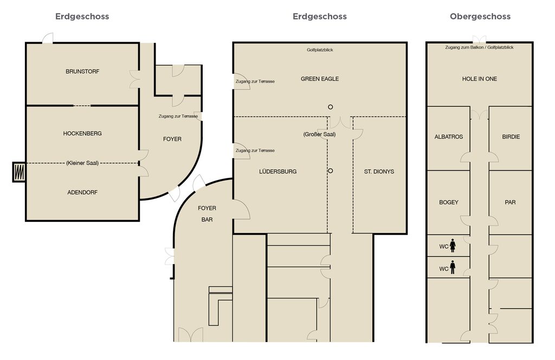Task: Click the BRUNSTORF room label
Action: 82,72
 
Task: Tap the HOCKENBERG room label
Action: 82,133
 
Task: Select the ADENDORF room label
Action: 82,192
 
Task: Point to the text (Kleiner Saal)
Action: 82,163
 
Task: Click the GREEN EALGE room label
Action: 320,79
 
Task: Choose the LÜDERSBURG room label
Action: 278,171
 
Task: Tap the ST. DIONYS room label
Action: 379,172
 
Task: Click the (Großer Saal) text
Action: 320,134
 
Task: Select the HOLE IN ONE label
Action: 480,79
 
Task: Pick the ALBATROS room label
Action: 449,137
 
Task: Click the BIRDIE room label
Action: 511,137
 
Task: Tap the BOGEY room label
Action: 449,202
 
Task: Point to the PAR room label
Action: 510,202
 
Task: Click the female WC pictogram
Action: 453,246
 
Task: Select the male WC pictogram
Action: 453,267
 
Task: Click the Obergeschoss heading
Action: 480,17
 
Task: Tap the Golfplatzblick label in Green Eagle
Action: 320,50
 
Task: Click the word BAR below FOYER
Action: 207,220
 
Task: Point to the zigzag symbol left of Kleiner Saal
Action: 20,172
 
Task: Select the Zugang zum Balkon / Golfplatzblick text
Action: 479,47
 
